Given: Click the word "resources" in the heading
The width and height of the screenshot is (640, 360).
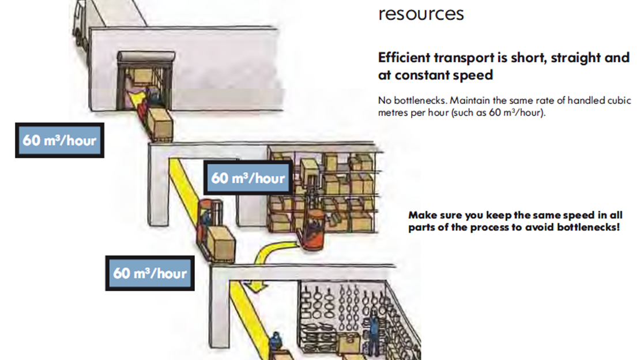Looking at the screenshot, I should click(421, 13).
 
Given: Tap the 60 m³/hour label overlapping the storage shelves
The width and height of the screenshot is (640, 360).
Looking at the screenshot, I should click(248, 178).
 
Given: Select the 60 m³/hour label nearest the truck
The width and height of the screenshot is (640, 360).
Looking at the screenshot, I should click(59, 140).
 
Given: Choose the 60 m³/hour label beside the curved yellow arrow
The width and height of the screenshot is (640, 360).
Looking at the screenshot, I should click(150, 272).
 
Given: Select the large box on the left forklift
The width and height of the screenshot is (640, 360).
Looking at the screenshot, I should click(221, 243).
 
